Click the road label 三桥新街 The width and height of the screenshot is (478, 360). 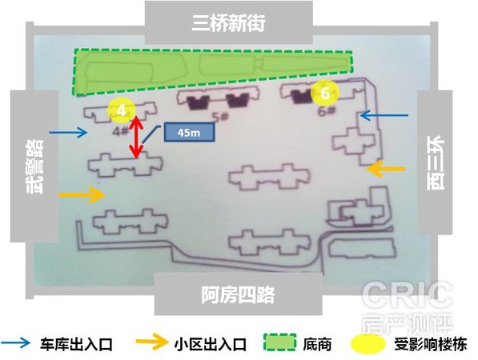[228, 22]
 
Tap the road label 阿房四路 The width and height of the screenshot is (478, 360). [238, 294]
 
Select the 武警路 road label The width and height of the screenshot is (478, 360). [34, 166]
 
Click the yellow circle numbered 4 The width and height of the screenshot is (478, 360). [122, 110]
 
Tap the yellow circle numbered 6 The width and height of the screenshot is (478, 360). [325, 93]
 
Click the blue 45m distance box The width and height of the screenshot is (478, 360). [189, 132]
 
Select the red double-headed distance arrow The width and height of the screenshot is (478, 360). [136, 137]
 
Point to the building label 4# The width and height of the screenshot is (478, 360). [120, 131]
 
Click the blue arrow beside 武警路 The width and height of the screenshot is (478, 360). [69, 132]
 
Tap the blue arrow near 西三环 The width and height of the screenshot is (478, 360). [384, 115]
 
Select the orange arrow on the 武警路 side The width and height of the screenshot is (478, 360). [82, 194]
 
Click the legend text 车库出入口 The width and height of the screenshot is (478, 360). [77, 345]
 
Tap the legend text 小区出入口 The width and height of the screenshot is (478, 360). [211, 345]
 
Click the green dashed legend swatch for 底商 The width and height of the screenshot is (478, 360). [280, 342]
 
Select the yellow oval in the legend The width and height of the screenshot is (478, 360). [368, 344]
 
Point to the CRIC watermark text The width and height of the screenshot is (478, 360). [408, 294]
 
